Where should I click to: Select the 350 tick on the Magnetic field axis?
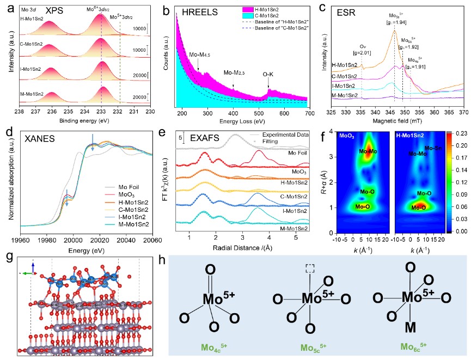(405, 112)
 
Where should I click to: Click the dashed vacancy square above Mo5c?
(309, 269)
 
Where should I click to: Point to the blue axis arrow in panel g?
(33, 265)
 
